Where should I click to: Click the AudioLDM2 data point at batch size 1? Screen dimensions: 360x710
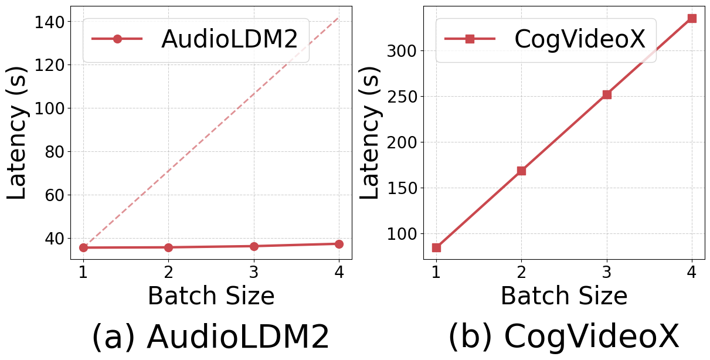pos(83,247)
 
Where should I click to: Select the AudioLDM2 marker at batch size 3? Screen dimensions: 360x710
pos(254,246)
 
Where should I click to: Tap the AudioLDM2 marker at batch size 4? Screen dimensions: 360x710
pos(339,244)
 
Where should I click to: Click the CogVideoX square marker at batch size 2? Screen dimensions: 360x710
pos(521,171)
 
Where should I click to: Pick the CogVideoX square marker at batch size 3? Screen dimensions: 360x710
pos(607,94)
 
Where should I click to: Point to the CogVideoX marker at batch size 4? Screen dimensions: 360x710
pos(692,18)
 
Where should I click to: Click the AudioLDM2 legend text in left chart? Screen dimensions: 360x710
pos(230,39)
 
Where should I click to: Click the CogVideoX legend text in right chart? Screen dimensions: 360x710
pos(579,39)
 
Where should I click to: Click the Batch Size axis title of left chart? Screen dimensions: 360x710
pos(210,296)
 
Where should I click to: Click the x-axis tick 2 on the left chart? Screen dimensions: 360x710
pos(168,273)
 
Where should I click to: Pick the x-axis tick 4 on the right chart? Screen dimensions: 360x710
pos(692,273)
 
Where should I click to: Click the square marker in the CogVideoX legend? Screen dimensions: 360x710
pos(470,39)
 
